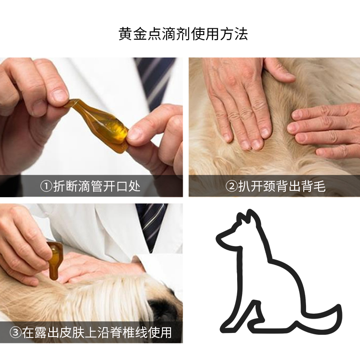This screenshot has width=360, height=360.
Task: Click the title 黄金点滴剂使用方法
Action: [x=183, y=34]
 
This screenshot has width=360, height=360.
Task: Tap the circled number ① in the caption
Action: [x=46, y=186]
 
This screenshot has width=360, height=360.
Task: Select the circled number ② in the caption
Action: [x=231, y=186]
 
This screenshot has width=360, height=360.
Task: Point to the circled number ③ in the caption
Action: [x=16, y=333]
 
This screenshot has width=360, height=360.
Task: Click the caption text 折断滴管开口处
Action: [x=97, y=186]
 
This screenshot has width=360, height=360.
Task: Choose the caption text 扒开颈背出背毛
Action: [x=282, y=186]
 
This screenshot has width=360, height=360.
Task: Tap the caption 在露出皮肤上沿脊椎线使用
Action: [x=97, y=333]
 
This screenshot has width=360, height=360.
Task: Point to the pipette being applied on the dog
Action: [x=54, y=260]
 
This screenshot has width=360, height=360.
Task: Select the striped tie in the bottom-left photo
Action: [x=152, y=227]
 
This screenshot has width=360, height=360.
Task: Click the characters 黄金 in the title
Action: [x=133, y=34]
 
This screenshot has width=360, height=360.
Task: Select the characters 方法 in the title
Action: [x=234, y=34]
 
